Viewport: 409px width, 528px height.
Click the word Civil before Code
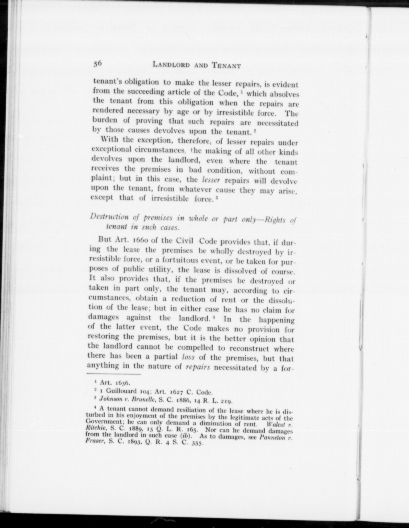click(185, 241)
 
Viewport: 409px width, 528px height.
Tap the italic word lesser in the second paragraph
click(211, 180)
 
